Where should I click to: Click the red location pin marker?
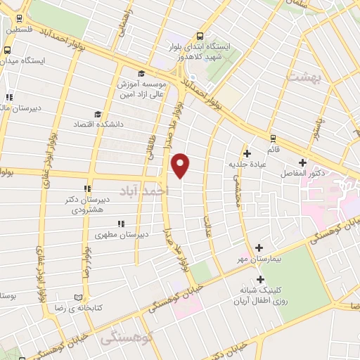click(181, 165)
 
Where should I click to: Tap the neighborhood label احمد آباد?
click(145, 191)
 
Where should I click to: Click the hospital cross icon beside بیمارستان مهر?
click(259, 247)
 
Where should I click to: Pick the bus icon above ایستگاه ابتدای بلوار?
click(200, 37)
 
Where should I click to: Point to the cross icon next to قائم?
click(272, 138)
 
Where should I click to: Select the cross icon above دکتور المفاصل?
click(302, 162)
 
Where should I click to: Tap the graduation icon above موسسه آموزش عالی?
click(141, 74)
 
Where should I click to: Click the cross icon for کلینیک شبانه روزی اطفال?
click(260, 278)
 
